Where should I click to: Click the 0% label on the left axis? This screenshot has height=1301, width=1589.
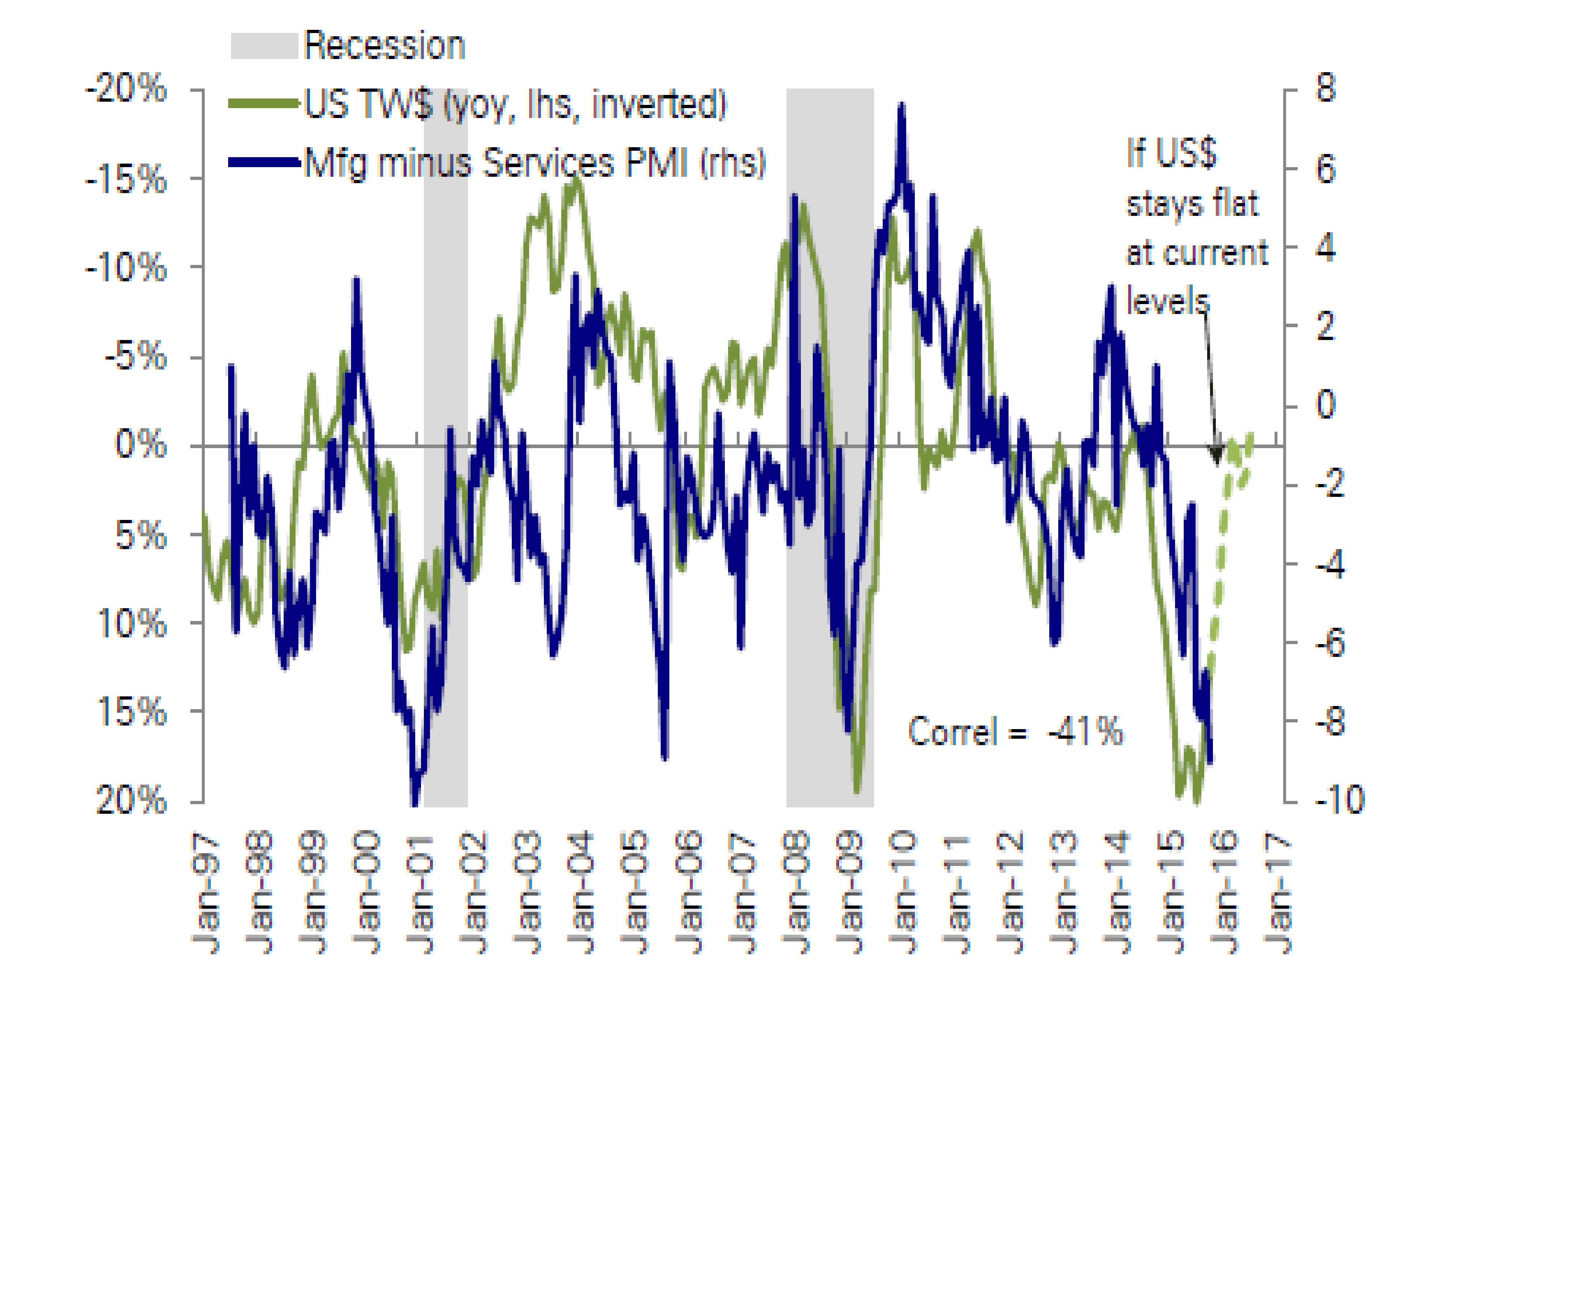(x=140, y=445)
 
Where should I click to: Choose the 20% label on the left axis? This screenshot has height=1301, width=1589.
(x=131, y=801)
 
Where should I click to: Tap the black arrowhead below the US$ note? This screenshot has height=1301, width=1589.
(x=1216, y=454)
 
